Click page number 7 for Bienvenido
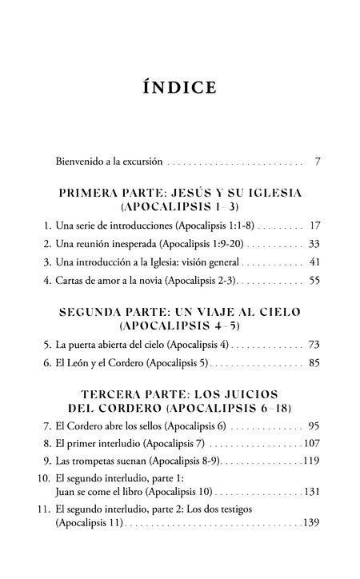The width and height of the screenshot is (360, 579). pos(318,162)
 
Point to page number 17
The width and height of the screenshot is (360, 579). pos(314,226)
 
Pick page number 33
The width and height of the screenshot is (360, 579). pos(314,244)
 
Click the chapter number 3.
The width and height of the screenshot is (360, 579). pos(48,262)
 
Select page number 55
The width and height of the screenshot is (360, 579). pos(314,282)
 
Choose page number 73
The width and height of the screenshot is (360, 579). pos(314,345)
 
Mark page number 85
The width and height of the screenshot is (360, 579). pos(314,363)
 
